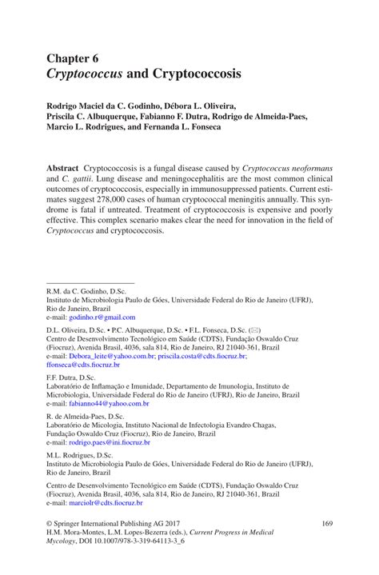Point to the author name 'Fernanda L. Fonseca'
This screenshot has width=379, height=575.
[231, 126]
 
